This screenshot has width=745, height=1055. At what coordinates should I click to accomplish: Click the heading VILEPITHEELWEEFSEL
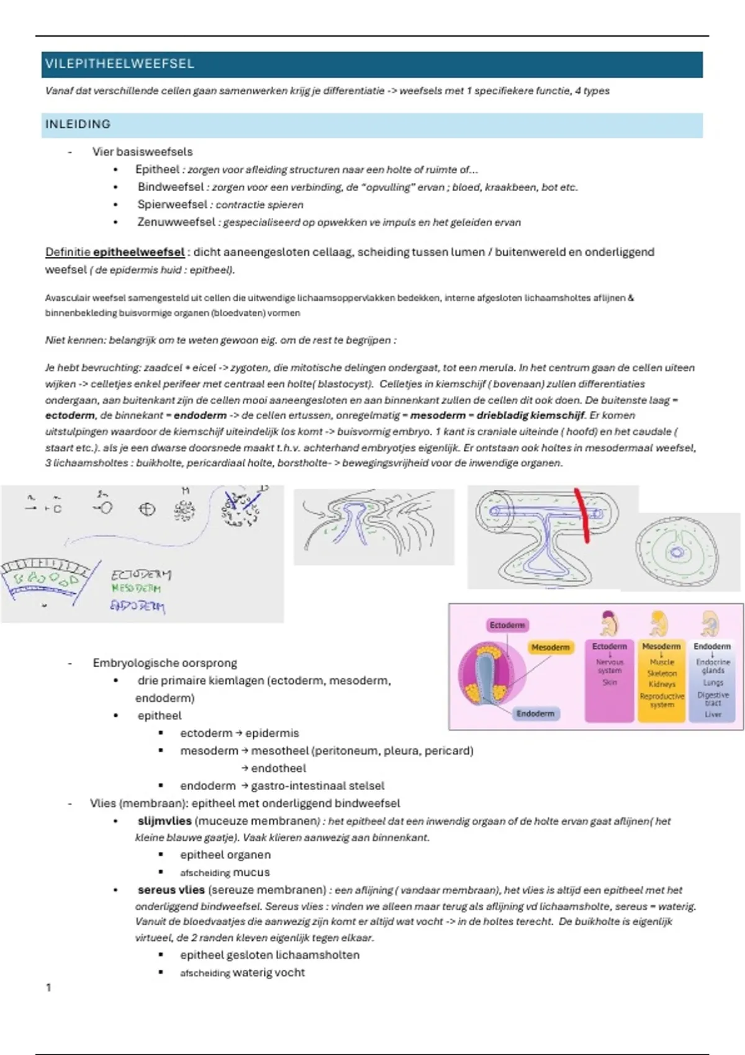(x=120, y=64)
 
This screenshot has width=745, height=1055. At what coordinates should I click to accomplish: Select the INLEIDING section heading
(x=78, y=124)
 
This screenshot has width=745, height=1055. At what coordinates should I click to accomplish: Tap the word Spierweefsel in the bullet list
(x=172, y=204)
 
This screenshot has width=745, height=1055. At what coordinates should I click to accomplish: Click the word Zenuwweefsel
(x=176, y=222)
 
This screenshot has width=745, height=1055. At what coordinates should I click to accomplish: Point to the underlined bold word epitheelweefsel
(x=138, y=252)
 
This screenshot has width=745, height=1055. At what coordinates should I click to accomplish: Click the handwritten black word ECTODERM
(x=141, y=575)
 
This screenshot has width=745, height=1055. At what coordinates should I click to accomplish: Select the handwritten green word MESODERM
(x=136, y=588)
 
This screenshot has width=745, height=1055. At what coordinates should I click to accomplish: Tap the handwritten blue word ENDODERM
(x=137, y=605)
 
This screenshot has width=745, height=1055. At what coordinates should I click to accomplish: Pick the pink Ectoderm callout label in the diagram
(x=507, y=625)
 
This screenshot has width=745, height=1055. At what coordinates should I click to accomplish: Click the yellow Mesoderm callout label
(x=550, y=647)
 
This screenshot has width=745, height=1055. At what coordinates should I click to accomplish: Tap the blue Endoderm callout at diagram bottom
(x=535, y=714)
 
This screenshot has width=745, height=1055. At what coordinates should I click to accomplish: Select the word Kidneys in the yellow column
(x=662, y=684)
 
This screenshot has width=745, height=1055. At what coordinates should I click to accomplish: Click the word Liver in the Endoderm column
(x=713, y=714)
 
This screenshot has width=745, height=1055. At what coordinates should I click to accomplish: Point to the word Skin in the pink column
(x=609, y=682)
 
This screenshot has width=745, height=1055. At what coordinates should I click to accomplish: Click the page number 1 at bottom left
(x=49, y=987)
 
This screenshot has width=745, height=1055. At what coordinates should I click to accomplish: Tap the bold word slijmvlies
(x=165, y=820)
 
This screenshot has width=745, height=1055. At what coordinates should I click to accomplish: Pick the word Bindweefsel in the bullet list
(x=171, y=187)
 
